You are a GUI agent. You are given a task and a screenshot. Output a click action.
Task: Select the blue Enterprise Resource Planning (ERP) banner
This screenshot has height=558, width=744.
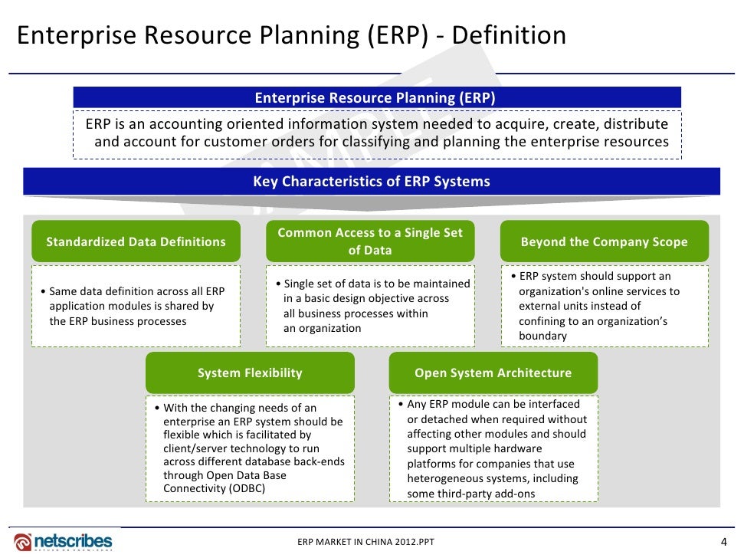375,97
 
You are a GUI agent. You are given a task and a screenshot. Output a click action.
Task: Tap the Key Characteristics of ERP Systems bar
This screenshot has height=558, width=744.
372,182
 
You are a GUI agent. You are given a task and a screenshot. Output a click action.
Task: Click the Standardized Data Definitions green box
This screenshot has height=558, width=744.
136,241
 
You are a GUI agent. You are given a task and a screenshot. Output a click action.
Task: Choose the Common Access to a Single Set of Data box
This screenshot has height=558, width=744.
370,241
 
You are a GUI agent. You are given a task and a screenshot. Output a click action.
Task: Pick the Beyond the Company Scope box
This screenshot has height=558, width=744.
604,241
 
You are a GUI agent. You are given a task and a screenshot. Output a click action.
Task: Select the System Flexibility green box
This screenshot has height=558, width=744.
250,373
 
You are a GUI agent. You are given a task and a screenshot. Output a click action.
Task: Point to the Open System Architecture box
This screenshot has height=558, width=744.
493,373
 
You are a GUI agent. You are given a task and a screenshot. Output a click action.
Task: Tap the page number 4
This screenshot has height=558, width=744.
724,541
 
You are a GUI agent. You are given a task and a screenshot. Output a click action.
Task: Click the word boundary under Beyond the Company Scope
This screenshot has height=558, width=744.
542,336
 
